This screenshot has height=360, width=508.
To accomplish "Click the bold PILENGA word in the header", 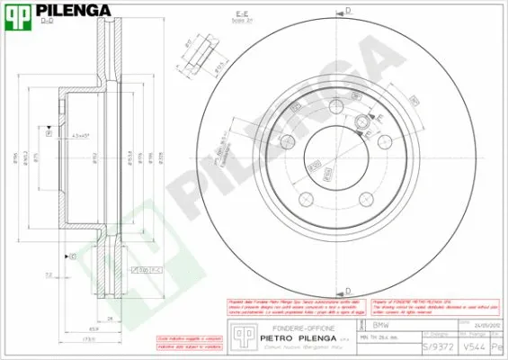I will point(75,10).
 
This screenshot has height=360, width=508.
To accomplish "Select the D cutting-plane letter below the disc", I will point(349,290).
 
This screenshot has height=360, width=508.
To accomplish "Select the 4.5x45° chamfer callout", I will point(82,136).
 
